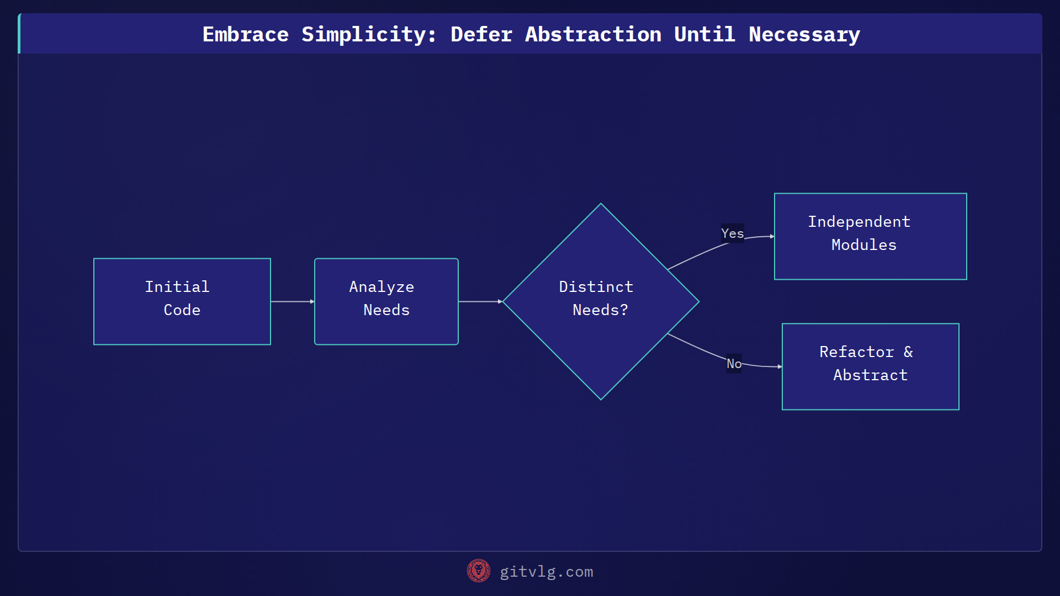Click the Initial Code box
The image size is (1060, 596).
click(x=182, y=301)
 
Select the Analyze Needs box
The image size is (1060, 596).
click(x=386, y=301)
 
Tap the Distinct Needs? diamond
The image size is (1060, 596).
click(x=601, y=301)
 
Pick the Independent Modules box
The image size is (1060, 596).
click(x=870, y=236)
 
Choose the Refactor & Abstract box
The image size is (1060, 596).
click(x=870, y=366)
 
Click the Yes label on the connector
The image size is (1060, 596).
click(x=732, y=233)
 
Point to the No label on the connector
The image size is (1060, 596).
click(x=734, y=364)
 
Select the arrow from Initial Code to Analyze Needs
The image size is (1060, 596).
click(x=293, y=301)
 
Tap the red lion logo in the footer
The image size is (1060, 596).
click(x=478, y=571)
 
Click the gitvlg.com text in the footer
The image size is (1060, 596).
click(x=547, y=572)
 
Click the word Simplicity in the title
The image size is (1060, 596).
click(x=368, y=35)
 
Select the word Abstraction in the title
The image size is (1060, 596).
click(x=593, y=35)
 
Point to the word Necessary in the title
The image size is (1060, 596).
click(x=804, y=35)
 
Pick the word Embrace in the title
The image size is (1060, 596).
click(x=245, y=35)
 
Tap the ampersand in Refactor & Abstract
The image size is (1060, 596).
click(x=908, y=352)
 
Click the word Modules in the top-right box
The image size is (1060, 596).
click(x=864, y=245)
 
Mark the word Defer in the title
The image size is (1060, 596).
click(x=481, y=35)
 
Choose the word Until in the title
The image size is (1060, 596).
click(x=704, y=35)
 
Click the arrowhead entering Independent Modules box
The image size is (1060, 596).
click(x=772, y=236)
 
